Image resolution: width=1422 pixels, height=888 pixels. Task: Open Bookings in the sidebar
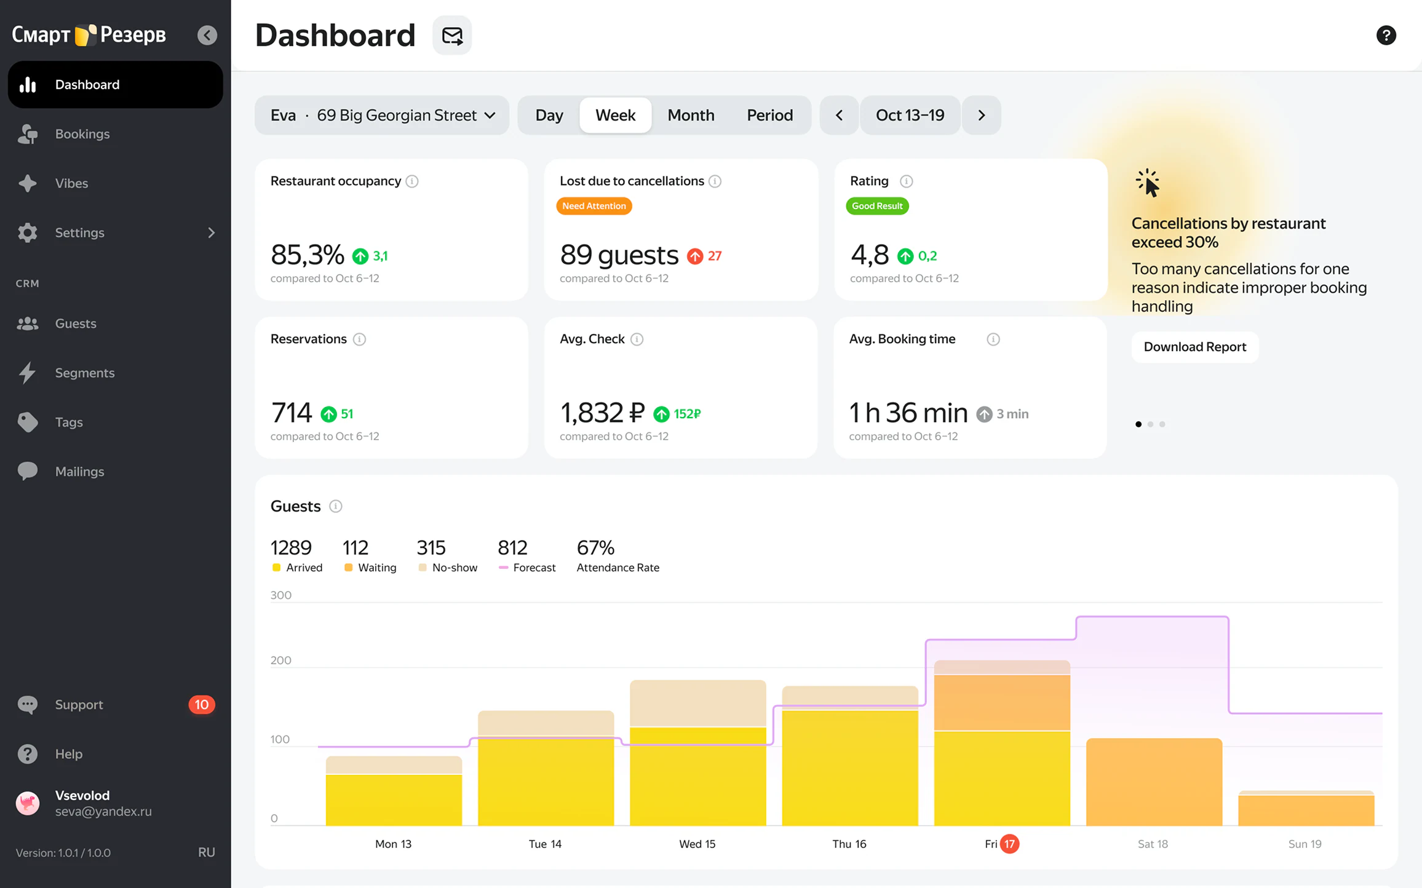(82, 134)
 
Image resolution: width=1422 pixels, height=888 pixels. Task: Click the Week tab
(615, 115)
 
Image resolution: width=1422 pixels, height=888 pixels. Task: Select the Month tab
(691, 115)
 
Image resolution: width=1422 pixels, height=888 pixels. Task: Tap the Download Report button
(1194, 347)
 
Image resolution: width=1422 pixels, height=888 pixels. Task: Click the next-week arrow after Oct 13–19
(982, 115)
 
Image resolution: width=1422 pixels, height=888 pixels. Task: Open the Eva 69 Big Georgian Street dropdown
(382, 115)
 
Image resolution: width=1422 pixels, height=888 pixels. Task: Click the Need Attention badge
(594, 206)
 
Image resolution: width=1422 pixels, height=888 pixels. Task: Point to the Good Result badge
(877, 206)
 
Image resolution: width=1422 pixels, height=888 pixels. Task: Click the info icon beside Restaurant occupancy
(412, 181)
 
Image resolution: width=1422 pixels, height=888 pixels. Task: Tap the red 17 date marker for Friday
(1009, 844)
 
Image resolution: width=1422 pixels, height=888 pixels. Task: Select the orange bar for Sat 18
(1154, 782)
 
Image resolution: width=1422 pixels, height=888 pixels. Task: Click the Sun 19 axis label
(1305, 844)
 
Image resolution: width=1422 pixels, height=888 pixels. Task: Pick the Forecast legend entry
(527, 567)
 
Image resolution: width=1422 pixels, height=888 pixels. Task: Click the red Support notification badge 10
(202, 705)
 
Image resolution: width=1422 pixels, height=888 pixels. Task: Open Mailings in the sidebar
(79, 472)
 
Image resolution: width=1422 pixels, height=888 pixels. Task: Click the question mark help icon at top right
(1386, 35)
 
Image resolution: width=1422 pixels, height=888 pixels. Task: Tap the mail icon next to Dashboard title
(452, 35)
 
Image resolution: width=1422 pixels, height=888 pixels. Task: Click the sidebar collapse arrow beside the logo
(207, 35)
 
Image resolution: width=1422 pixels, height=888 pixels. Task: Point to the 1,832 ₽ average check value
(602, 413)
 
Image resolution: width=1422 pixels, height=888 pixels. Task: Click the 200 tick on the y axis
(280, 660)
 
